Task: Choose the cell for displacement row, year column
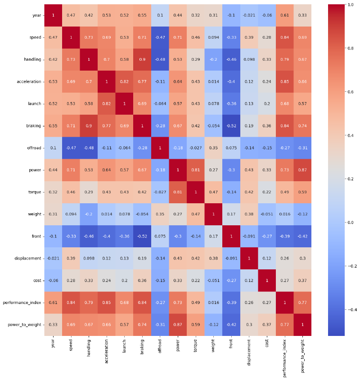pyautogui.click(x=53, y=258)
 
